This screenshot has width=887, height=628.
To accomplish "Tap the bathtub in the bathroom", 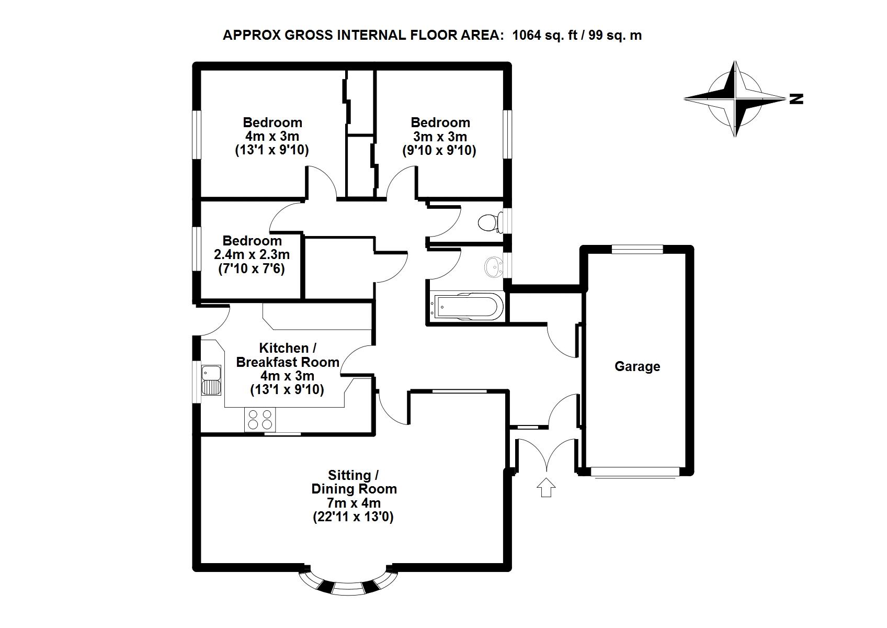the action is tap(465, 307).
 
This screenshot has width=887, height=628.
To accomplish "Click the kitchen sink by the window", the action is tap(212, 380).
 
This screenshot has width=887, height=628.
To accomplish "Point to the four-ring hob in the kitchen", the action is tap(260, 420).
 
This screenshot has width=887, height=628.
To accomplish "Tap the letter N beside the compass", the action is tap(796, 98).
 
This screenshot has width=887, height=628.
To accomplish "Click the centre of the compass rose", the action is tap(735, 98).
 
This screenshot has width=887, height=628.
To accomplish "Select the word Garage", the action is tap(637, 366).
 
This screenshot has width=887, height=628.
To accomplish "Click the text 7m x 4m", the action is tap(354, 503).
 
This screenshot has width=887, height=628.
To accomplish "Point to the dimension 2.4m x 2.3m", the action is tap(252, 255).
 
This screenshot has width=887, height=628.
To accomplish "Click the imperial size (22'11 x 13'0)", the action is tap(354, 517).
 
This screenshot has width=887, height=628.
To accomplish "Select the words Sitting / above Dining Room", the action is tap(354, 475).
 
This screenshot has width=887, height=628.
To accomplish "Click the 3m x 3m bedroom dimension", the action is tap(440, 137).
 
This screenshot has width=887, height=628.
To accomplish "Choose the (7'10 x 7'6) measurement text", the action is tap(252, 269).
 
